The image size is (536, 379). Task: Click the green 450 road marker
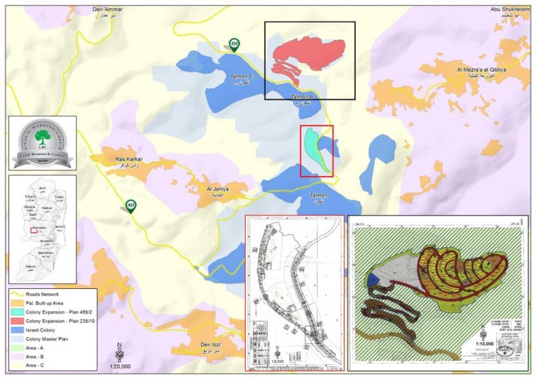coord(234,45)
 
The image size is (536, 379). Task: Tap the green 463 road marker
coord(131,205)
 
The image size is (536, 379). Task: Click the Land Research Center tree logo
coord(41,138)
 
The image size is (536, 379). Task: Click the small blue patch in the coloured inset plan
coord(375,279)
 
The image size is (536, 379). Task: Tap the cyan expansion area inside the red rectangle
coord(314,147)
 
